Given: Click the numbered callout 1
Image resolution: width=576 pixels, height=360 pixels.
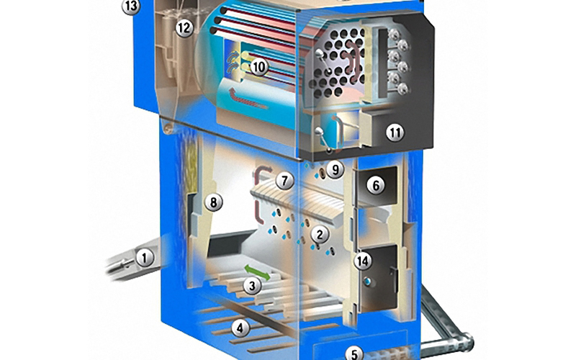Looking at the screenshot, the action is click(x=145, y=258).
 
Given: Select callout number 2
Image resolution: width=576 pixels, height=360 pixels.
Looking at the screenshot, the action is click(x=320, y=235).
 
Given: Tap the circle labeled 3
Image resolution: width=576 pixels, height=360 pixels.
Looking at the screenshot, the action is click(x=252, y=286).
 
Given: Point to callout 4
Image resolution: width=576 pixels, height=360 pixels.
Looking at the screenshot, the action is click(x=240, y=328).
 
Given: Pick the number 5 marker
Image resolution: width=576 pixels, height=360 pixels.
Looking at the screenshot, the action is click(x=354, y=354).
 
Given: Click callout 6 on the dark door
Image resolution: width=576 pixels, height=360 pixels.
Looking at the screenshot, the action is click(x=376, y=186).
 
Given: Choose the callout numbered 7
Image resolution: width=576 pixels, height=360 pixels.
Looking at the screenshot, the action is click(x=284, y=181).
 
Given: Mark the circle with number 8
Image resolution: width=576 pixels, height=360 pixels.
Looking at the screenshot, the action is click(x=214, y=202).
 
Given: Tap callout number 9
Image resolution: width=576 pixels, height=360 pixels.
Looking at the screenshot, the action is click(x=335, y=170).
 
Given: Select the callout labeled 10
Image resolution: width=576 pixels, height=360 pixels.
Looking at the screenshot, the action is click(x=259, y=67).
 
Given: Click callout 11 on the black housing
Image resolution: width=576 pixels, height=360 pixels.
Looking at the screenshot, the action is click(x=395, y=132).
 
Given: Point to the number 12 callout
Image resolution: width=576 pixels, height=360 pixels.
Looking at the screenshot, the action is click(x=184, y=28).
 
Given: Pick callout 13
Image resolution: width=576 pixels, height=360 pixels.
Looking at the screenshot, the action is click(x=131, y=6).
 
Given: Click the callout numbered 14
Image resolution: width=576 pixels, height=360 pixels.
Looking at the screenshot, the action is click(x=363, y=261).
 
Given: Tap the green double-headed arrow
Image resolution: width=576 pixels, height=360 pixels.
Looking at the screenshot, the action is click(x=257, y=273).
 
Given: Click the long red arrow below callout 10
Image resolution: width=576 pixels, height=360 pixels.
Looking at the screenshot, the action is click(x=247, y=99).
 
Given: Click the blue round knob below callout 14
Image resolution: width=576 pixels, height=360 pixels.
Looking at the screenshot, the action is click(x=366, y=282).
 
